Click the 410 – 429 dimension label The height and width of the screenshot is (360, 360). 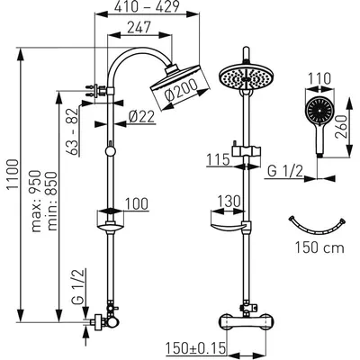pos(147,6)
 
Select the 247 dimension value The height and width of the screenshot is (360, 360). pos(139,28)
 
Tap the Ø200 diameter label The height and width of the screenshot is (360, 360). pos(181,90)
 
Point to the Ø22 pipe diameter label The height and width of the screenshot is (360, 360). pos(141,117)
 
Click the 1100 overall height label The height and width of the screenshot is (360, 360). pos(13,175)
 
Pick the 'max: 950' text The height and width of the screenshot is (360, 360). pos(36,201)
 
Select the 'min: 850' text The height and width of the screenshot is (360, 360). pos(52,201)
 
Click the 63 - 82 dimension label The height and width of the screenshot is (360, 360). pos(73,131)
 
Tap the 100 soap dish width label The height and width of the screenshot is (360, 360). pos(137,203)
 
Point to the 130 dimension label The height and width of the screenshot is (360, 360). pos(229,202)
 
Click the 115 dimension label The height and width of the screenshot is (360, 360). pos(218,159)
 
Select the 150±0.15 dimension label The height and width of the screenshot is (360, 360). pos(195,348)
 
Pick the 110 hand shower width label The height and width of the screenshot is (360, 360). pos(319,79)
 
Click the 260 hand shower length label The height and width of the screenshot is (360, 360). pos(341,127)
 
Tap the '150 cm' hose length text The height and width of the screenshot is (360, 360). pos(319,247)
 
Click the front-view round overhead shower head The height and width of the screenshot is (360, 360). pos(246,76)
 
